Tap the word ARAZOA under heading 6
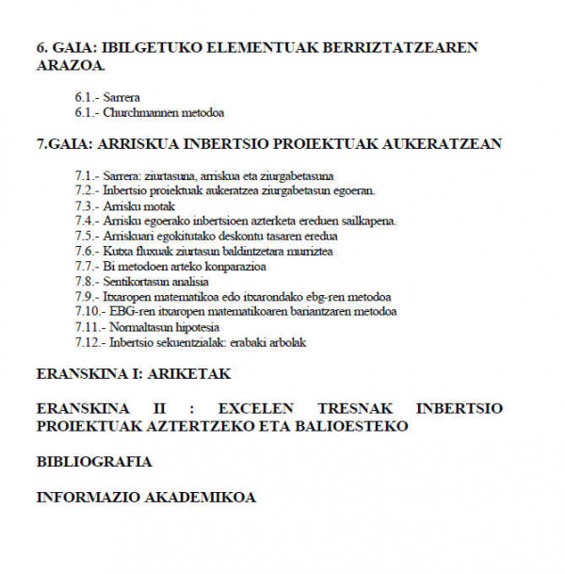pyautogui.click(x=70, y=66)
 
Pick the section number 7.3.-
pyautogui.click(x=86, y=206)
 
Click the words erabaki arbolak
pyautogui.click(x=272, y=343)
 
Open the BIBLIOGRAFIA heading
pyautogui.click(x=94, y=462)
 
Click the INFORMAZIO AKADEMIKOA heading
pyautogui.click(x=146, y=497)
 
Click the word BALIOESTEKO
pyautogui.click(x=354, y=426)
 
